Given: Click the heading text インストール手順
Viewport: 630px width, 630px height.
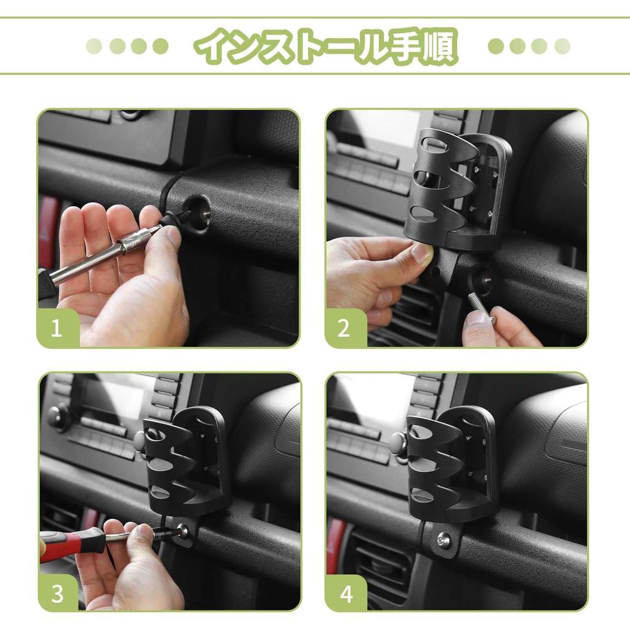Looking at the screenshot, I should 326,46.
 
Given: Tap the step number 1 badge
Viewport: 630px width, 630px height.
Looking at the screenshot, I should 57,328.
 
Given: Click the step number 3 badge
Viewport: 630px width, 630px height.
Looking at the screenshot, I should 57,594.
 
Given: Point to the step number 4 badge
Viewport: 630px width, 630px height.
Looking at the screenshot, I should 346,594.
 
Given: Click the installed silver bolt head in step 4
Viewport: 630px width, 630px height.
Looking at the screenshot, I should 443,540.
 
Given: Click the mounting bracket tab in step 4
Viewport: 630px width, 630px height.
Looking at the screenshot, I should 442,538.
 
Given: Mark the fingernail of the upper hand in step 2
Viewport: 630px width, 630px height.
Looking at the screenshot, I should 423,252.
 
